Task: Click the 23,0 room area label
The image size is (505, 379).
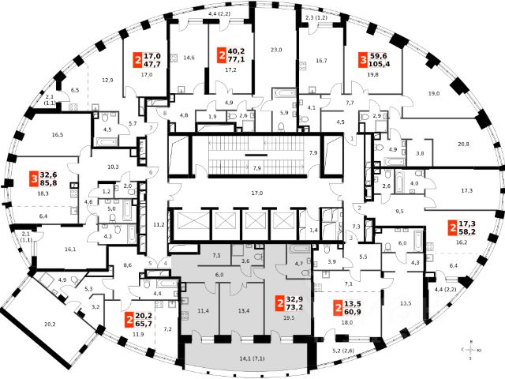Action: pyautogui.click(x=275, y=51)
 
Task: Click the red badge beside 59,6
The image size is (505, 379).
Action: pyautogui.click(x=363, y=61)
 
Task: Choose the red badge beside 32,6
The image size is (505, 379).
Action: pyautogui.click(x=34, y=178)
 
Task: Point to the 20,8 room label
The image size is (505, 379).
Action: pyautogui.click(x=462, y=144)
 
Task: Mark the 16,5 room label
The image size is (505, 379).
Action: pyautogui.click(x=35, y=136)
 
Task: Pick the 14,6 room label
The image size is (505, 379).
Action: pyautogui.click(x=189, y=58)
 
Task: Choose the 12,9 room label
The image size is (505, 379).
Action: pyautogui.click(x=108, y=80)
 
